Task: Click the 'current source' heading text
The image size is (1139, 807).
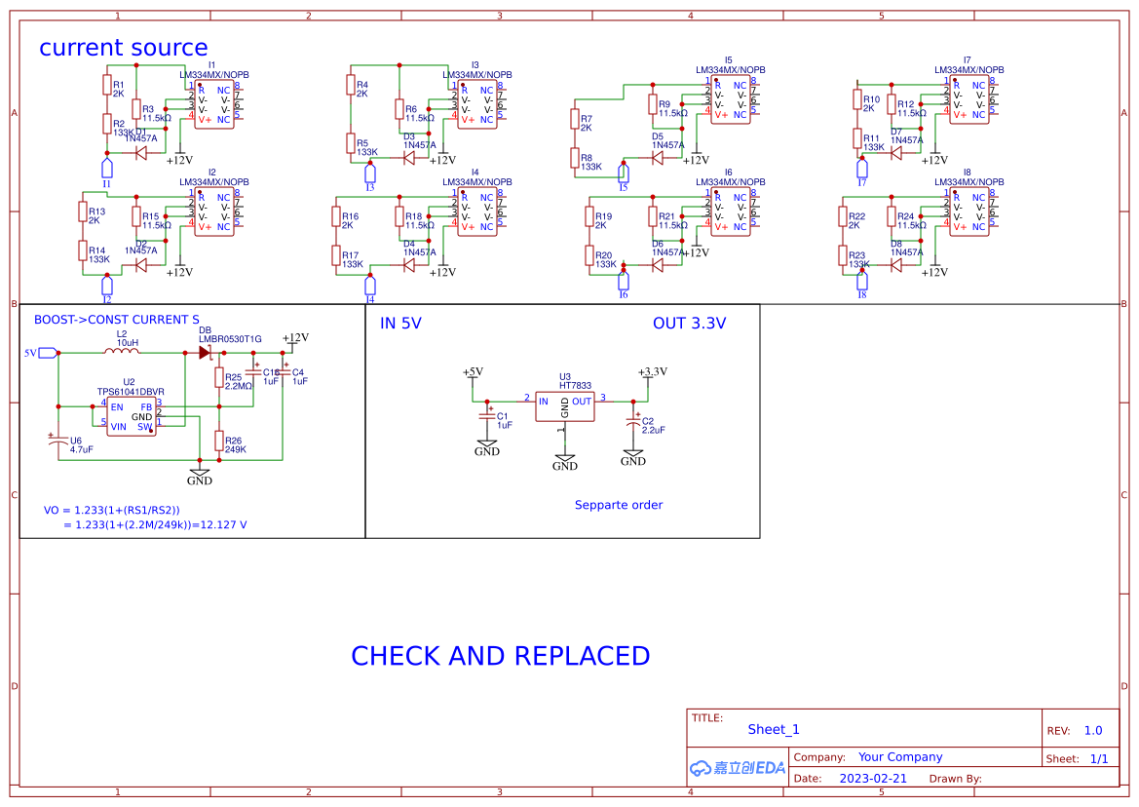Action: (123, 48)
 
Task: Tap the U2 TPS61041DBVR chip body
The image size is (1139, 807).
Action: (131, 417)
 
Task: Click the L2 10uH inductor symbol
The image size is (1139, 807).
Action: (121, 353)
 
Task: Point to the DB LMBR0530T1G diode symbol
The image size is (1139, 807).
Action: (206, 353)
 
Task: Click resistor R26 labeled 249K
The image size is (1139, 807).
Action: (219, 441)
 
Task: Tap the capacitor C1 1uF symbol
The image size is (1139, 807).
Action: (487, 415)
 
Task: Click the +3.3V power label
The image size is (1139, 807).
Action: (652, 371)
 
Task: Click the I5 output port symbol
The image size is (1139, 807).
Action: (624, 173)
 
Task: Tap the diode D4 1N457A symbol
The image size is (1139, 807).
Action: (409, 264)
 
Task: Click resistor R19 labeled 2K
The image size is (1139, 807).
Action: (589, 222)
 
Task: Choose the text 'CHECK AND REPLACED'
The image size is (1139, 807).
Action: (500, 656)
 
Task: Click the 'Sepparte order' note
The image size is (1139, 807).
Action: (618, 505)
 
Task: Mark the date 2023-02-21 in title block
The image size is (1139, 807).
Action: (873, 779)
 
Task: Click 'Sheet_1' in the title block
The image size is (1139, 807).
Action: (774, 729)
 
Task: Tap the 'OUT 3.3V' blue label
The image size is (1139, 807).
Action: (689, 324)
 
